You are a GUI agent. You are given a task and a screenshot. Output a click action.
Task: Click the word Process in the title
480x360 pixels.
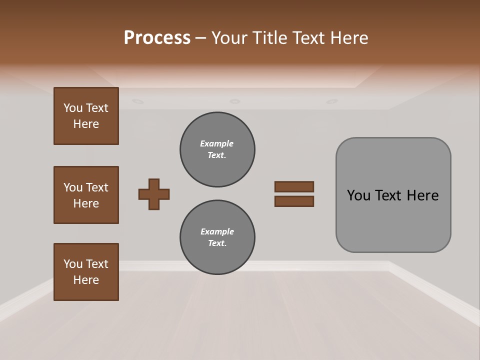click(157, 38)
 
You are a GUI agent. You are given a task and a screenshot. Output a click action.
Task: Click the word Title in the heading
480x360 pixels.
click(269, 38)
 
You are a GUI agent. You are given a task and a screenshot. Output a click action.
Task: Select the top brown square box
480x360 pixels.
click(86, 116)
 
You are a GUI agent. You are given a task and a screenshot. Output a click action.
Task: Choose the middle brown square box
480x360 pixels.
click(86, 195)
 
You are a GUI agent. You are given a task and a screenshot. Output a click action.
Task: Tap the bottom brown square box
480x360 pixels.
click(86, 272)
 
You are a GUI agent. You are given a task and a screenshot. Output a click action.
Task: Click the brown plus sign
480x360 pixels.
click(154, 194)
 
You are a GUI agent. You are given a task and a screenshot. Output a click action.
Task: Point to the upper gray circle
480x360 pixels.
click(217, 149)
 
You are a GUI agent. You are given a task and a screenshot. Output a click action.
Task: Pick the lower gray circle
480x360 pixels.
click(217, 237)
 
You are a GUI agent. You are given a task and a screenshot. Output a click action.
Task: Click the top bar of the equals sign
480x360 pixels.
click(294, 187)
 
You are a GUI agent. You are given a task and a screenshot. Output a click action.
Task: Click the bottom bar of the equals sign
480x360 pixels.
click(294, 201)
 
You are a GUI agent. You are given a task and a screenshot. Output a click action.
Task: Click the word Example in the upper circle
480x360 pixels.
click(216, 144)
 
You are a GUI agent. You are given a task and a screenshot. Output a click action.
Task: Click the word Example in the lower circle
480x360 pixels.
click(217, 232)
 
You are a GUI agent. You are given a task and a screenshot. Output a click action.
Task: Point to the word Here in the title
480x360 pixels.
click(349, 38)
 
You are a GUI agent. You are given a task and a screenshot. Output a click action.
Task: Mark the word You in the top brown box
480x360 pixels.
click(72, 108)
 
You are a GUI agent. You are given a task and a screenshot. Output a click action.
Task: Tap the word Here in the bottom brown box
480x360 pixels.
click(86, 280)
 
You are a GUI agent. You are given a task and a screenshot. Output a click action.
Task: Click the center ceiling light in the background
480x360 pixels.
click(234, 101)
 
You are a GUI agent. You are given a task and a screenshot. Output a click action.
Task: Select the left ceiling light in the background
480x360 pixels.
click(137, 101)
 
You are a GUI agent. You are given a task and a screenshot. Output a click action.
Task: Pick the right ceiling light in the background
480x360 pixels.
click(331, 101)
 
